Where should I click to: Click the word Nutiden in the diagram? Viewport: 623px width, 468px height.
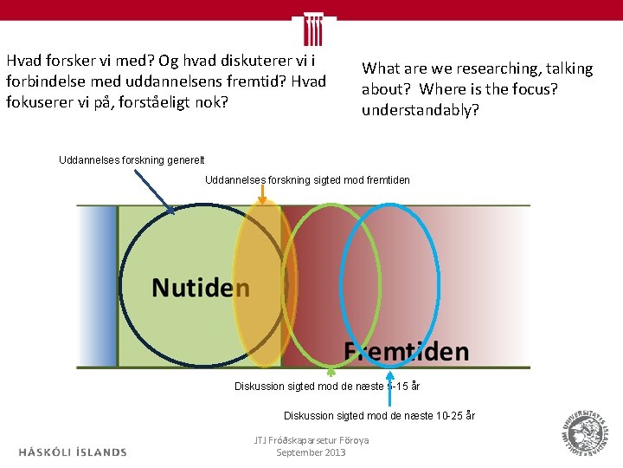[201, 287]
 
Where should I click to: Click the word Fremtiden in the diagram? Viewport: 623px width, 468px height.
[407, 351]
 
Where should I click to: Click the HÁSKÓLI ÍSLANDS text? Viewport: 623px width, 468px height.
[73, 452]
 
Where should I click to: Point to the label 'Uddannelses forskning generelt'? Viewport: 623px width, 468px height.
[132, 159]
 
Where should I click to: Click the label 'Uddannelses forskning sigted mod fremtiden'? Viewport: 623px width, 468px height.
[307, 180]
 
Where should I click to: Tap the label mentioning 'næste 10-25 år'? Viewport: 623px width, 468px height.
[379, 416]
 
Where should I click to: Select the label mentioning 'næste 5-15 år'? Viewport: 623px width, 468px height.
[327, 387]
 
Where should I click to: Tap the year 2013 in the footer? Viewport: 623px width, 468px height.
[334, 452]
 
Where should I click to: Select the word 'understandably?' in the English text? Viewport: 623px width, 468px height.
[420, 110]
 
